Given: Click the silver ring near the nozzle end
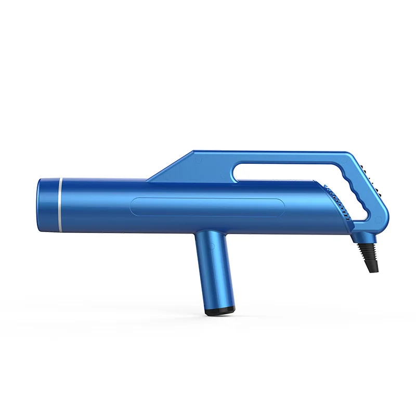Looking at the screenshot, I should pos(60,205).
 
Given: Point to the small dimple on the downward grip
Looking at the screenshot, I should pos(213,245).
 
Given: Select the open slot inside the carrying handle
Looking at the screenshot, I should pos(291,172).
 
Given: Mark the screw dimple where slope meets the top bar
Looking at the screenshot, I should pos(198,161).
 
